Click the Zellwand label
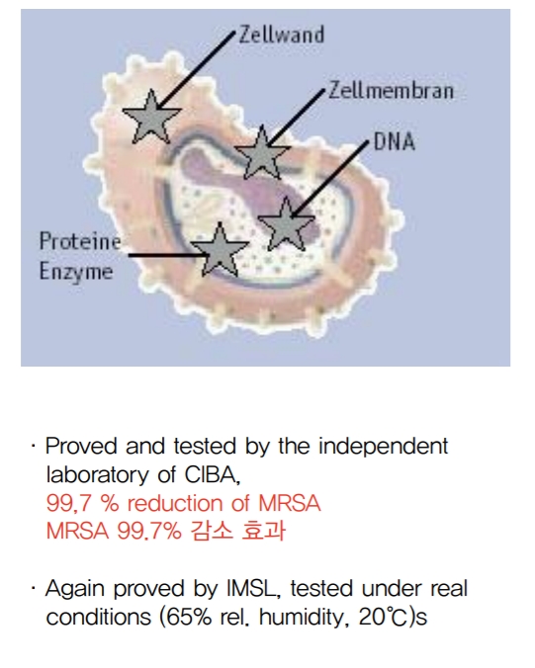coord(282,35)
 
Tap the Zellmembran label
coord(391,90)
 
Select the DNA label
coord(395,141)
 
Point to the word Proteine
coord(80,241)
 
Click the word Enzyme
coord(76,272)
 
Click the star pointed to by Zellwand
coord(151,117)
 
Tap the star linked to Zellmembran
coord(262,152)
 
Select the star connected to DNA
coord(287,224)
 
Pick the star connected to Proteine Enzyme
coord(220,250)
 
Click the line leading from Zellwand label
coord(196,69)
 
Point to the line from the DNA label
coord(330,179)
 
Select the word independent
coord(384,447)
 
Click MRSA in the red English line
coord(290,503)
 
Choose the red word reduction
coord(176,503)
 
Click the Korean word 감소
coord(212,531)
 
